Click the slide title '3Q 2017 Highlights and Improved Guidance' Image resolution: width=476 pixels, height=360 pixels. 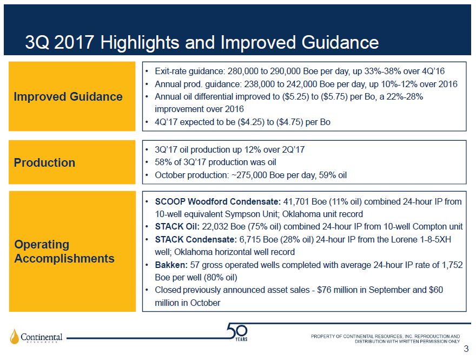[202, 42]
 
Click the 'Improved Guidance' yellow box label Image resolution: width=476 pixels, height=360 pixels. [68, 97]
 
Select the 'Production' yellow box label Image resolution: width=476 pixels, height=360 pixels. [44, 163]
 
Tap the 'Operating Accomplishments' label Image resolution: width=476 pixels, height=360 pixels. [64, 252]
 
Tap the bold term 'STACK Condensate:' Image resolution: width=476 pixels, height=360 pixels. [195, 239]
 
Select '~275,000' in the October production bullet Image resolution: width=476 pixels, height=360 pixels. [243, 175]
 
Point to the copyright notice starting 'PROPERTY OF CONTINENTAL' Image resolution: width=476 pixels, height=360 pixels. [385, 338]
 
